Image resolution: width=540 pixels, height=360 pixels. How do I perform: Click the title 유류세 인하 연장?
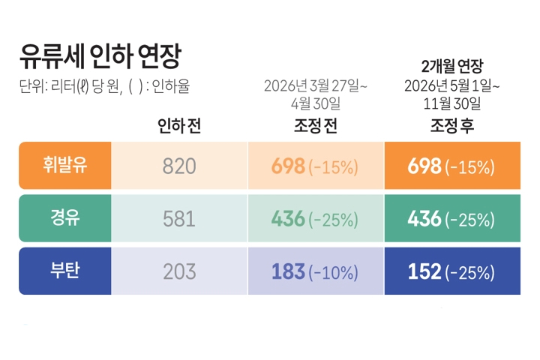100,56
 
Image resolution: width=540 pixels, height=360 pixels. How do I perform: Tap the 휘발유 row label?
65,165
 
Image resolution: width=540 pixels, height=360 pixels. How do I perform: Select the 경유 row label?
65,217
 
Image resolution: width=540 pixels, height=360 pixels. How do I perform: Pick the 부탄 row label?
65,271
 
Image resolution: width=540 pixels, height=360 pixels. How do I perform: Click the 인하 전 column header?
179,125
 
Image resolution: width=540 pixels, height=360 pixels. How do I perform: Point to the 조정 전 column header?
316,125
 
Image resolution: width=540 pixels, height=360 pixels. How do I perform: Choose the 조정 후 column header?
452,125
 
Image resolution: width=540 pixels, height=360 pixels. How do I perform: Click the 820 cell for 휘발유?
179,166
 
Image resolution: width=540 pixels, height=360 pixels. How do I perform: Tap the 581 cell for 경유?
179,219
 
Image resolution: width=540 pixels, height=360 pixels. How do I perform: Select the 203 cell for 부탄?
179,271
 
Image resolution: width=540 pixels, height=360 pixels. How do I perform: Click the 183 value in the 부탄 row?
288,271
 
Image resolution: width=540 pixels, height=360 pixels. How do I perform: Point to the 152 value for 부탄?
424,271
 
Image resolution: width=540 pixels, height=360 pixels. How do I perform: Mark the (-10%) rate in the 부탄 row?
333,272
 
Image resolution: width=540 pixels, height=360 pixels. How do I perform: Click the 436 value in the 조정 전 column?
288,219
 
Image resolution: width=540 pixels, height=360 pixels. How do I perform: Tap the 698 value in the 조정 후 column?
424,166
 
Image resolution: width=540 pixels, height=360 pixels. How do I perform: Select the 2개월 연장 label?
452,66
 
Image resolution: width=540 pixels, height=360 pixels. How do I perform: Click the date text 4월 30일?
316,103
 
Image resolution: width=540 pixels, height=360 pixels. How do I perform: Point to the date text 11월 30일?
452,103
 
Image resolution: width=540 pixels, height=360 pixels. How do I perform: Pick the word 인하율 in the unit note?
171,86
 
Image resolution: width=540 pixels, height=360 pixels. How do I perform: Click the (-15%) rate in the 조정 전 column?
333,167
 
